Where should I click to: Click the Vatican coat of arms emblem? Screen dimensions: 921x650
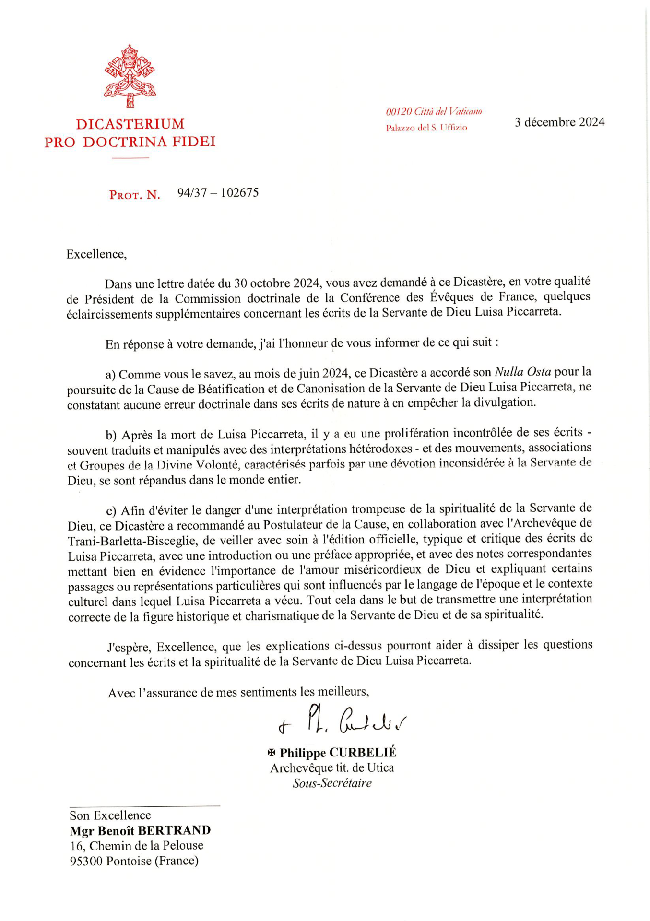(x=130, y=76)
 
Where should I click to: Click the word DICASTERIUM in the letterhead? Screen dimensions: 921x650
(x=130, y=124)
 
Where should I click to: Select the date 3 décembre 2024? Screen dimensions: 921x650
(x=559, y=122)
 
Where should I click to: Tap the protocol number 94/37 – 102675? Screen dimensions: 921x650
(x=218, y=193)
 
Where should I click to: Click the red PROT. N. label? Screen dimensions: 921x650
(x=135, y=195)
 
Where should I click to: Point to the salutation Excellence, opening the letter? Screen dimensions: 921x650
(x=96, y=254)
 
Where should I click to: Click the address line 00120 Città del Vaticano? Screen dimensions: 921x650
(x=434, y=112)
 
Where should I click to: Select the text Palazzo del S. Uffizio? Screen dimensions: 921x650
(x=426, y=128)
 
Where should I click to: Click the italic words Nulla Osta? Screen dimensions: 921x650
(x=522, y=372)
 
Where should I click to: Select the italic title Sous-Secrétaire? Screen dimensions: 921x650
(x=332, y=783)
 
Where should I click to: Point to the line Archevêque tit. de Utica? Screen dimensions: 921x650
(x=332, y=768)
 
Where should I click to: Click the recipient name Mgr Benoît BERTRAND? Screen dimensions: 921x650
(x=140, y=830)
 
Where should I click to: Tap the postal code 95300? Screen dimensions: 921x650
(x=86, y=861)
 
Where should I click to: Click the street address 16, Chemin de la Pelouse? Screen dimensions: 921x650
(x=137, y=846)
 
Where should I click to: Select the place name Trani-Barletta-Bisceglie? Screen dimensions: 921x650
(x=132, y=541)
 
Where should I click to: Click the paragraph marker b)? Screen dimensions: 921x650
(x=111, y=435)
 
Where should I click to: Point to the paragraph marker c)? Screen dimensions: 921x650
(x=111, y=510)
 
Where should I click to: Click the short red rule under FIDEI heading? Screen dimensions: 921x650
(x=130, y=157)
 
